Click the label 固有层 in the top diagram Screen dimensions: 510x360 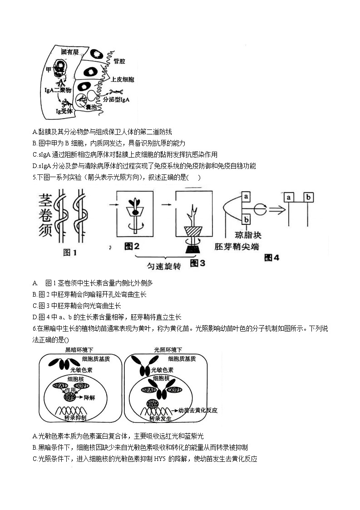point(70,52)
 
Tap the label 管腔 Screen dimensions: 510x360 point(119,61)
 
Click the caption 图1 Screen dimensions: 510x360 point(69,253)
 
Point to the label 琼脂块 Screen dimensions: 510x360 point(248,235)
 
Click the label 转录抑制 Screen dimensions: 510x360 point(76,417)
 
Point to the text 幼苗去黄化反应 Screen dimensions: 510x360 point(198,410)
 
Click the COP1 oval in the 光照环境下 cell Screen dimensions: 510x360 point(174,390)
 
